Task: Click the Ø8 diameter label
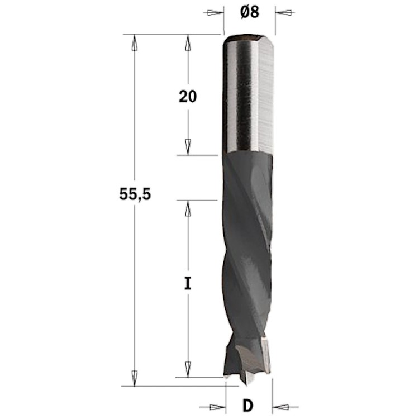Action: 250,12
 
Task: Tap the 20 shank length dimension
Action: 188,97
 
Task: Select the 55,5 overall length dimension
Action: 135,194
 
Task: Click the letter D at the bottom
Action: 247,406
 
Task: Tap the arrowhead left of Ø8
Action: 216,12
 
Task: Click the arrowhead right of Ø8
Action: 283,12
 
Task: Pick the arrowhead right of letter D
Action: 280,407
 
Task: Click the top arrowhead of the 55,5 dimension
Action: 135,42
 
